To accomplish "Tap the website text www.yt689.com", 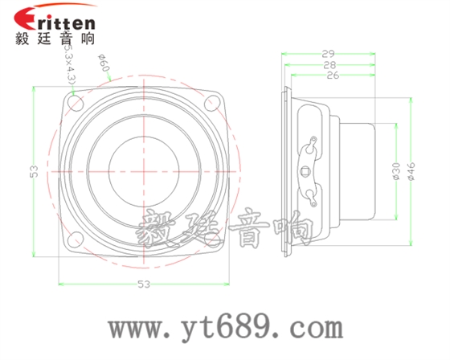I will coord(226,328).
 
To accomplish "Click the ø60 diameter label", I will coord(103,63).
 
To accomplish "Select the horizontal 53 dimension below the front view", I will coord(144,284).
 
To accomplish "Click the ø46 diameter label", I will coord(411,170).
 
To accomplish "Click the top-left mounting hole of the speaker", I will coord(76,102).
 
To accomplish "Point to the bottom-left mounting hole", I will coord(76,239).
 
